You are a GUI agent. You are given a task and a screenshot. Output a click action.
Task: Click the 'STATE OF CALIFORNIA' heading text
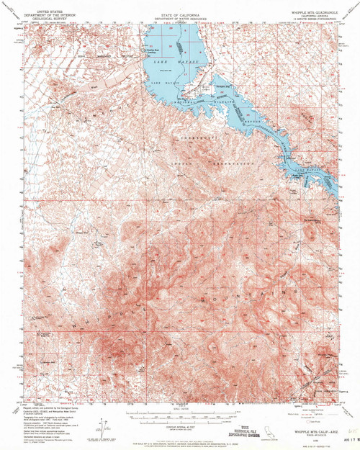(180, 6)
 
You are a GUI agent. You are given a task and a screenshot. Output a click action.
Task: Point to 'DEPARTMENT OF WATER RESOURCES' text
(180, 10)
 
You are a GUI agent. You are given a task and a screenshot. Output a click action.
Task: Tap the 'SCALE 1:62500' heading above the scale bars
(180, 408)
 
